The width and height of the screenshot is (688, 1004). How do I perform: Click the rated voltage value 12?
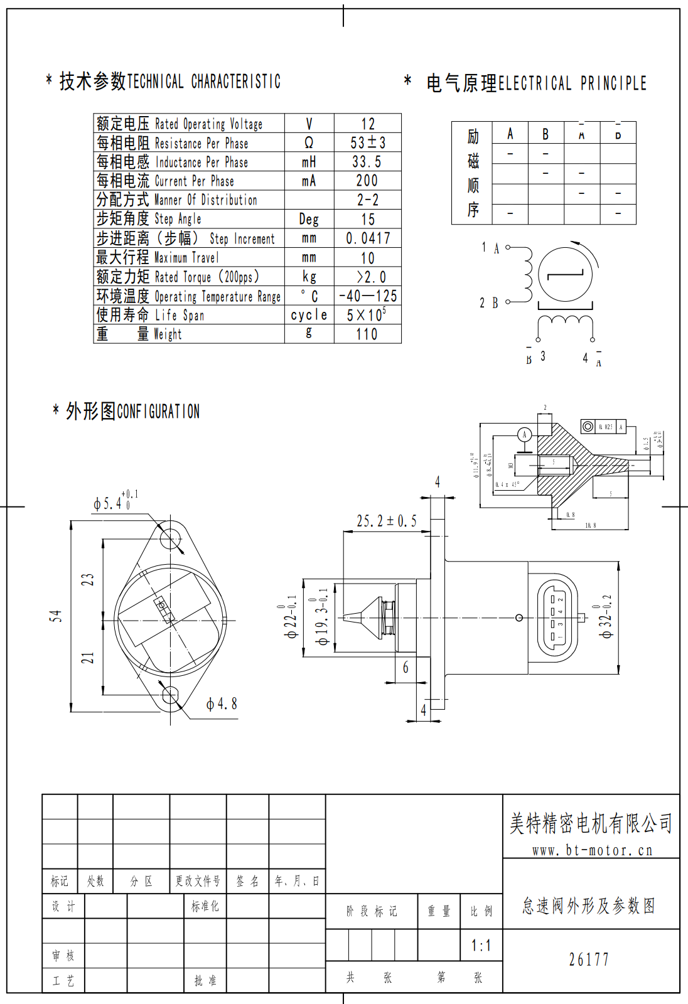tap(368, 124)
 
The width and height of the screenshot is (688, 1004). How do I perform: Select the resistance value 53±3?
tap(368, 143)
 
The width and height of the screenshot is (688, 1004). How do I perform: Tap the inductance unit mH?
tap(309, 162)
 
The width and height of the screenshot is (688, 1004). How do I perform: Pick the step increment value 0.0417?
tap(368, 238)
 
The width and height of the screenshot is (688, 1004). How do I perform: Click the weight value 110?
tap(367, 334)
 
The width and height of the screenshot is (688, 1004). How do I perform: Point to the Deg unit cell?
tap(309, 219)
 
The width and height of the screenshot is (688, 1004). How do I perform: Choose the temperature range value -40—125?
tap(368, 296)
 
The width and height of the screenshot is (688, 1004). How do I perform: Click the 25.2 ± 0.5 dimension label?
tap(386, 521)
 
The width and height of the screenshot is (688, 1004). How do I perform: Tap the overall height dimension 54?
tap(56, 616)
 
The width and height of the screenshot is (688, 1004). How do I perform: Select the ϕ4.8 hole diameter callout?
tap(222, 705)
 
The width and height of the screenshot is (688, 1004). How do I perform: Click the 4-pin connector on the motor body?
tap(557, 617)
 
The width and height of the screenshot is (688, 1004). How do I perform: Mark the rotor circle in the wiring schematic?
tap(565, 275)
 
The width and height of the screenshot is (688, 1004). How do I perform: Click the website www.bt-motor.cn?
tap(592, 851)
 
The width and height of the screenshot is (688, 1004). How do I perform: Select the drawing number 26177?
tap(589, 959)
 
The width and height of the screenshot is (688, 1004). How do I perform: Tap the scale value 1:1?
tap(481, 946)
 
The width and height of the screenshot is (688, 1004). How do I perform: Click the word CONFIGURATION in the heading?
tap(158, 412)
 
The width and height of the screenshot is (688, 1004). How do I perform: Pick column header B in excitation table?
tap(546, 134)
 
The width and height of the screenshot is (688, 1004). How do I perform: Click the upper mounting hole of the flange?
tap(171, 538)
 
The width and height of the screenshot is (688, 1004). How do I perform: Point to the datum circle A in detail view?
tap(525, 434)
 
